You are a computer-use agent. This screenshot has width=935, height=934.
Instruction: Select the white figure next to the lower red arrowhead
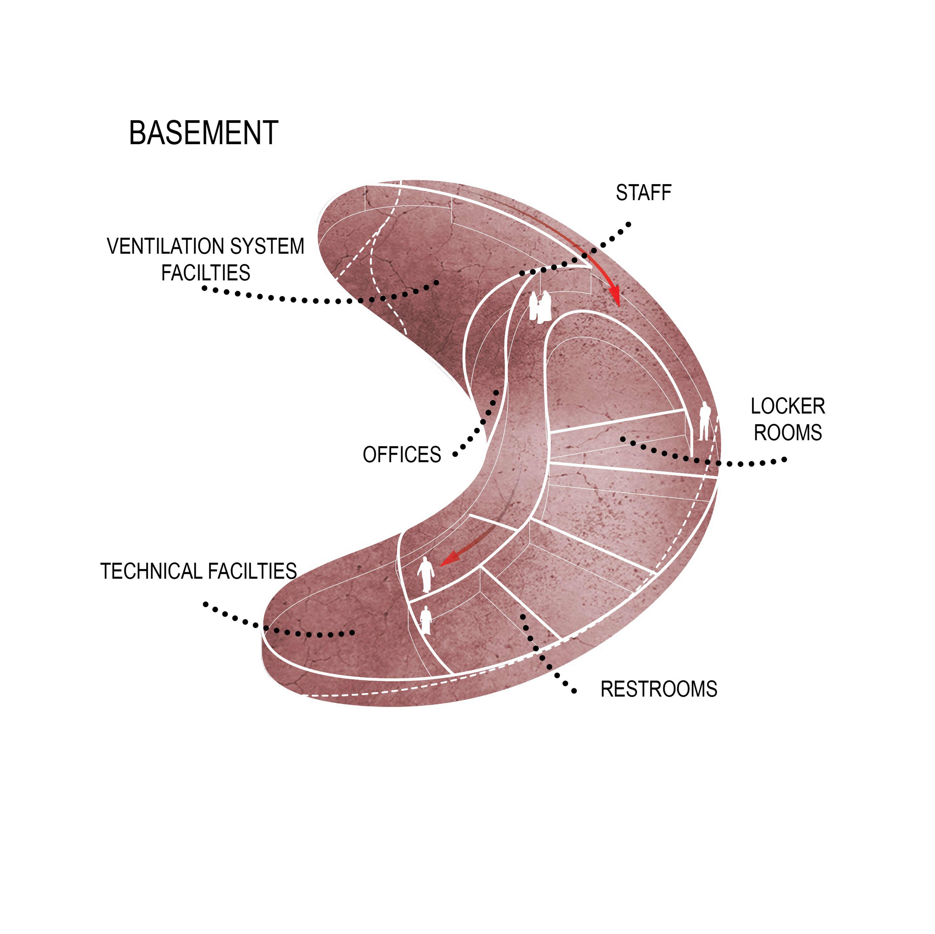pos(426,574)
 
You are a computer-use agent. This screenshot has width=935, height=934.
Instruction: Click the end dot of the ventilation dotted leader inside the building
pos(436,283)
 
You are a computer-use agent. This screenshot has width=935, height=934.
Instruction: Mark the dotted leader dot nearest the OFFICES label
pos(455,455)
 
